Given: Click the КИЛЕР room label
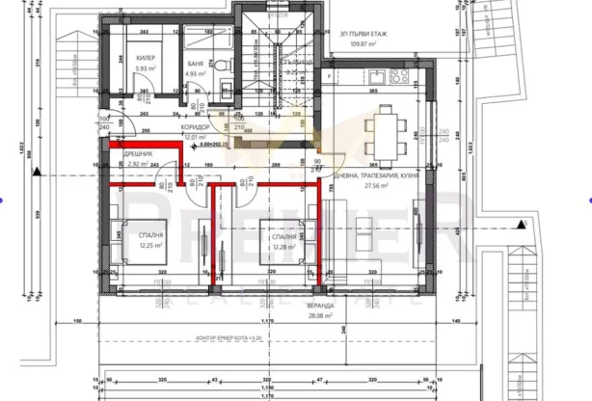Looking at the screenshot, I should pyautogui.click(x=147, y=58).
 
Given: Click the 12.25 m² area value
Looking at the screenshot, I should pyautogui.click(x=150, y=245).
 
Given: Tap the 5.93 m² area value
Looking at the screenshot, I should pyautogui.click(x=147, y=69).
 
